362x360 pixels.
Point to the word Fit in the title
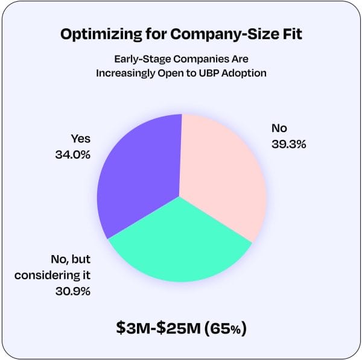click(290, 34)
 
